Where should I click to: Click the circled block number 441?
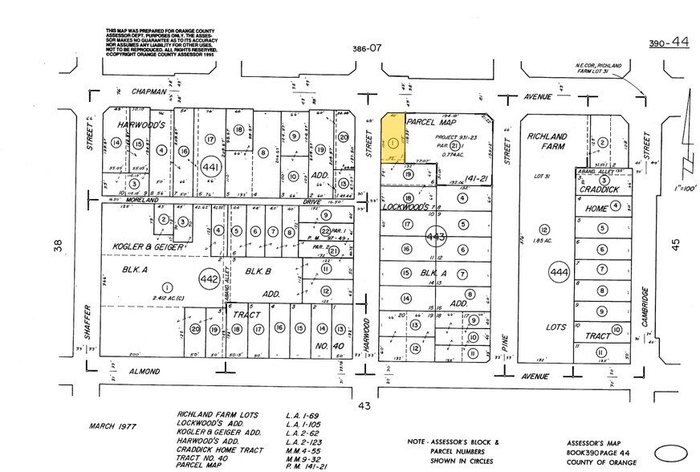pyautogui.click(x=210, y=166)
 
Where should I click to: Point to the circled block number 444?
pyautogui.click(x=559, y=274)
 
